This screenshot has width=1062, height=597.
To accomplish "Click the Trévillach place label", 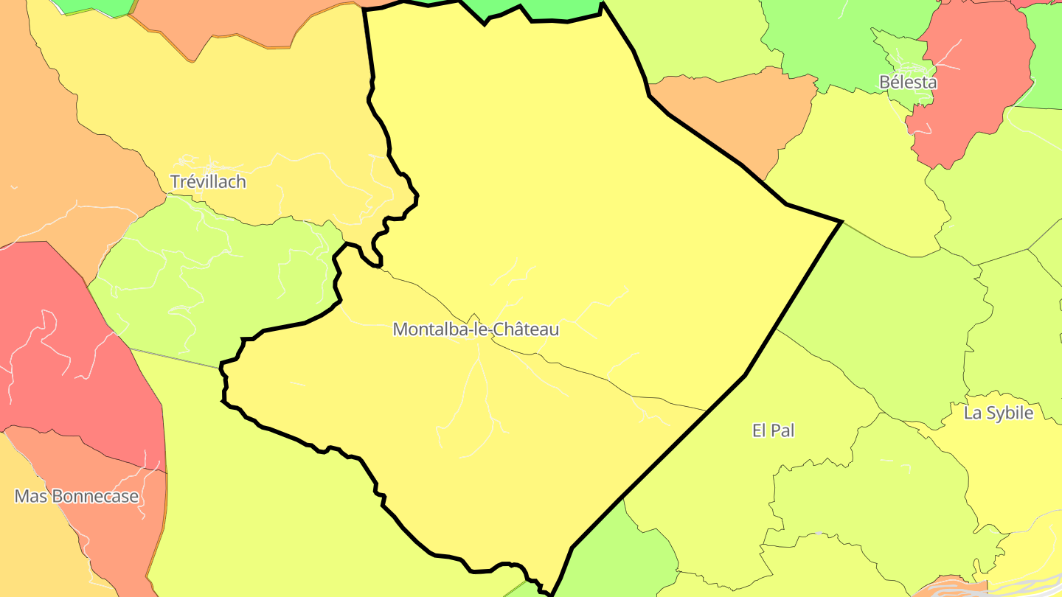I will (x=207, y=181).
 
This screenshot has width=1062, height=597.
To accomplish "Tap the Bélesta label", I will (x=908, y=82).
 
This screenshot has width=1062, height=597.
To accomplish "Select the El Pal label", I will (x=773, y=430).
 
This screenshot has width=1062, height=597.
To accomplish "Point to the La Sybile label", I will (x=998, y=413).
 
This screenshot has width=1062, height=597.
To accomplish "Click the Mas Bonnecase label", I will (x=77, y=497).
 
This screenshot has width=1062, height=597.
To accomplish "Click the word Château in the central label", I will (x=525, y=329).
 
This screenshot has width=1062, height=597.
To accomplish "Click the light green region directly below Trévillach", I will (x=214, y=280).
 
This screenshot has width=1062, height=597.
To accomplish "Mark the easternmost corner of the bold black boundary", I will (x=841, y=221).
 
